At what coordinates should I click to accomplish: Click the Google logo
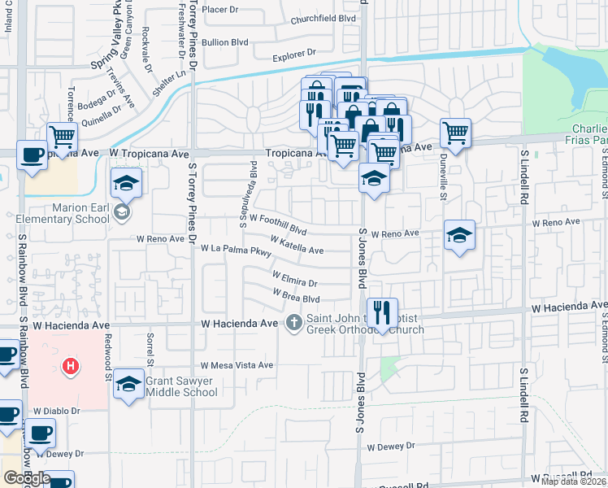(27, 477)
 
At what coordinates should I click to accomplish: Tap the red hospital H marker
(72, 367)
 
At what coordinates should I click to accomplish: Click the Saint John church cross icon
(294, 324)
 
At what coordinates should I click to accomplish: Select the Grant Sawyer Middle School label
(181, 386)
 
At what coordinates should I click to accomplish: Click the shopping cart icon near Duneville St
(456, 133)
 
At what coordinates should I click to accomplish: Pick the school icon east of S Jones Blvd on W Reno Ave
(459, 236)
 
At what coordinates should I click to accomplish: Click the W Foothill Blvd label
(277, 223)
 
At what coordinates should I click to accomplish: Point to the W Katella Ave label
(297, 244)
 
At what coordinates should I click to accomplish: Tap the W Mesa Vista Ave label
(237, 365)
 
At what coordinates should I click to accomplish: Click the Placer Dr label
(220, 9)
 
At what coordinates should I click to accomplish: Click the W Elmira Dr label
(294, 281)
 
